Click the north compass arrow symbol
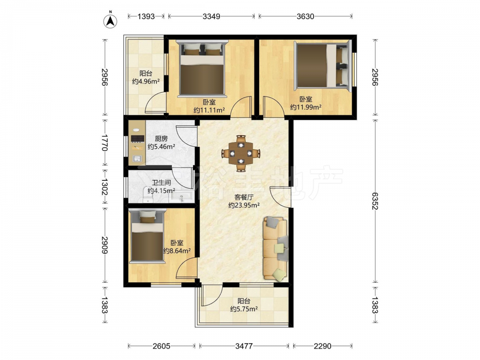click(110, 20)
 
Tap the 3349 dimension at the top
click(211, 16)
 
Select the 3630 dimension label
click(305, 16)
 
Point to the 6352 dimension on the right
click(375, 201)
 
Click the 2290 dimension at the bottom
click(323, 346)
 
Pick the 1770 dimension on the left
click(105, 143)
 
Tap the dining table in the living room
click(241, 153)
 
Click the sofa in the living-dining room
click(275, 248)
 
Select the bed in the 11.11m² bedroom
click(203, 69)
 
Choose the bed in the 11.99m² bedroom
click(323, 66)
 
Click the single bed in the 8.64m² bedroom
click(147, 236)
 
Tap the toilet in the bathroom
click(148, 195)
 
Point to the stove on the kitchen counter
click(137, 138)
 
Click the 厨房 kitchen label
click(161, 139)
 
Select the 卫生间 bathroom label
click(161, 183)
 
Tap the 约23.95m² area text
click(244, 205)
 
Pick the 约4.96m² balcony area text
click(146, 82)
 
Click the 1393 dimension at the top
click(146, 16)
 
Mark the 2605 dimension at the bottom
click(161, 346)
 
